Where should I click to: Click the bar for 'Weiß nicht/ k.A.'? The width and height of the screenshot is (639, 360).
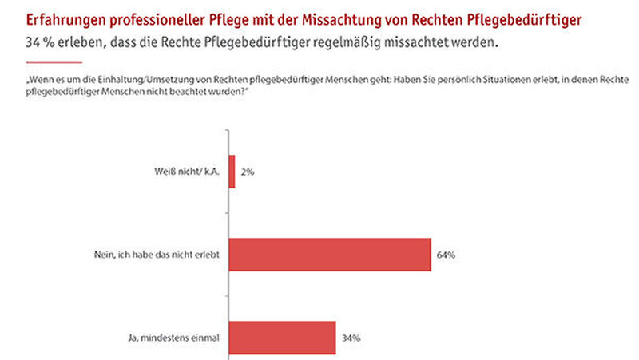point(232,172)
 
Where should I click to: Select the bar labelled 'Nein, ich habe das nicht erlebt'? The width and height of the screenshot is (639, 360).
point(331,255)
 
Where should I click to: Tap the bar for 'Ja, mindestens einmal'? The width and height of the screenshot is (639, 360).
point(283,338)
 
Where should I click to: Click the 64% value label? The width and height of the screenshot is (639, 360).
point(446,255)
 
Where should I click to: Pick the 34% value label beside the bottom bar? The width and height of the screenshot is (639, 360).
point(351,338)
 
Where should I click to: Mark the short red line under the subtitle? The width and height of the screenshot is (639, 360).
point(54,61)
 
